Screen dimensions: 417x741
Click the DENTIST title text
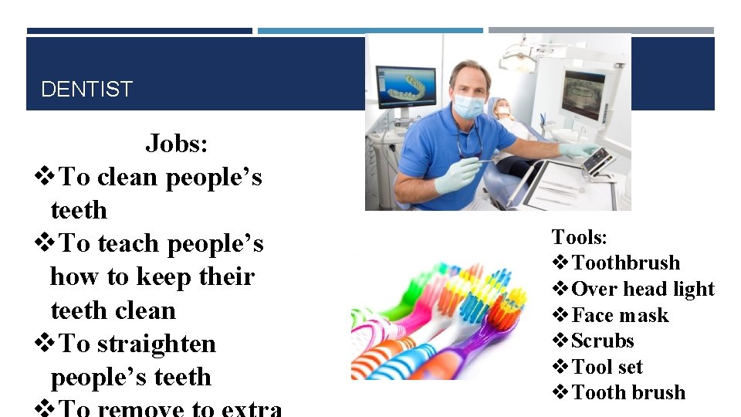86,90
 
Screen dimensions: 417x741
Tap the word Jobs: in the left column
177,144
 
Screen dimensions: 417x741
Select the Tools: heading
579,237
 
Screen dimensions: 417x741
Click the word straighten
154,344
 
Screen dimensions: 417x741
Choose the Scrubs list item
602,341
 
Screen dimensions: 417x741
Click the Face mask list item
620,315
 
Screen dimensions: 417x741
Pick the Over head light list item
643,289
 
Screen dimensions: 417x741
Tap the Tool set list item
607,367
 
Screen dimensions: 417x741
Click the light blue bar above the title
370,31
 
